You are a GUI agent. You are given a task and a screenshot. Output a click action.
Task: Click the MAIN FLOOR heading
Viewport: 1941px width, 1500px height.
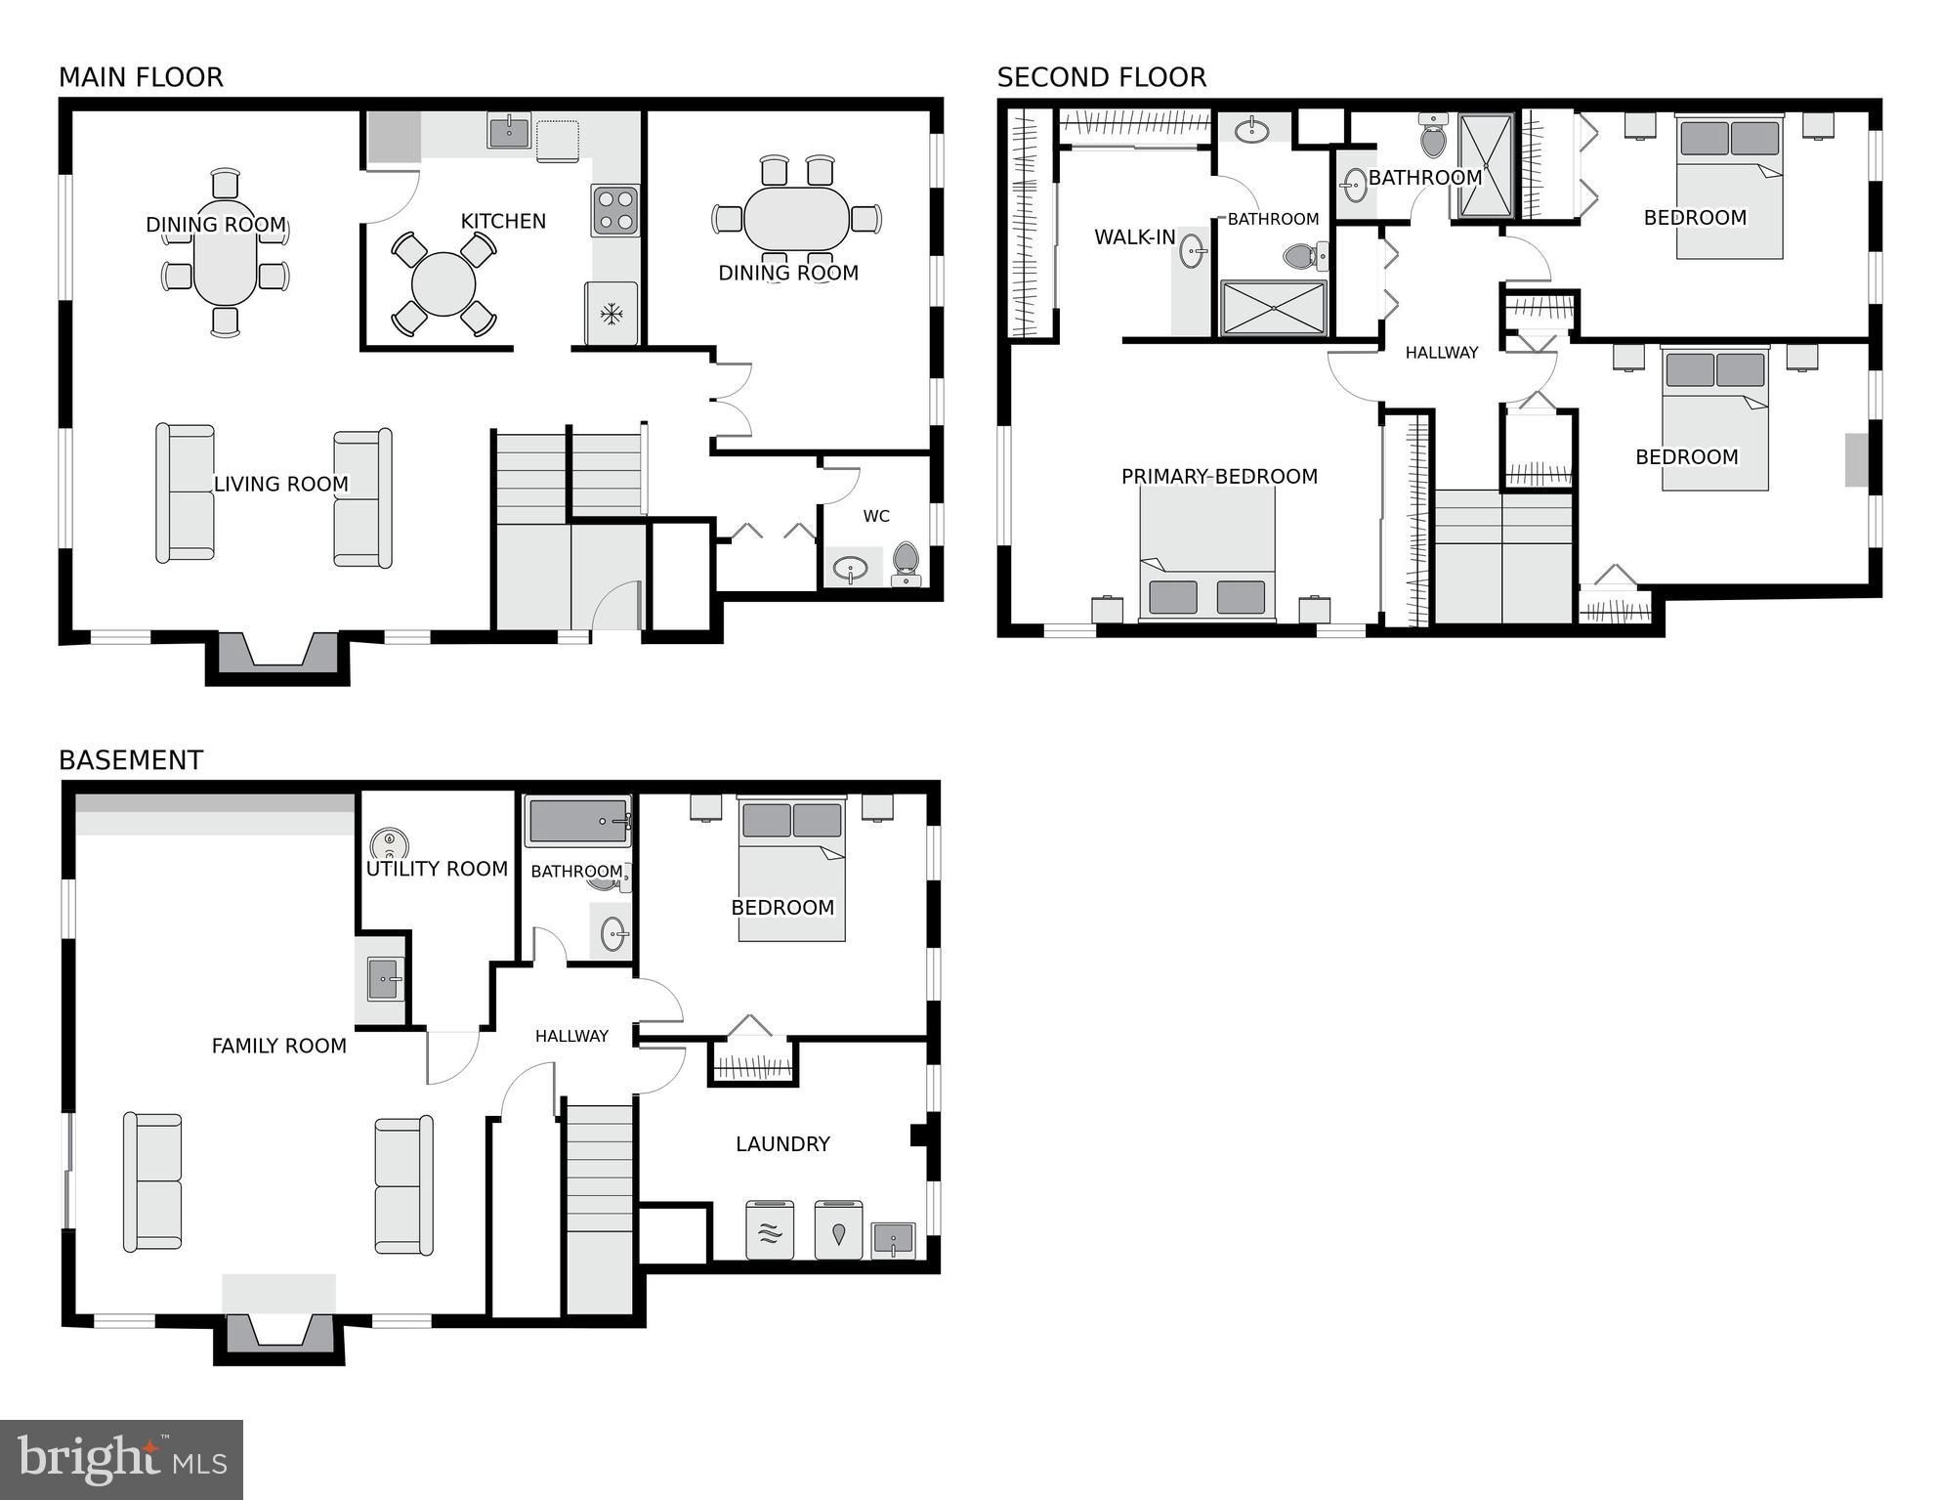(x=141, y=77)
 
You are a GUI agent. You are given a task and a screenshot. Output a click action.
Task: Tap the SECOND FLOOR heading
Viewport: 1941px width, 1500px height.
(x=1101, y=77)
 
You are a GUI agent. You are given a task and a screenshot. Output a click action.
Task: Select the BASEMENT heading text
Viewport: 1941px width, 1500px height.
(x=131, y=760)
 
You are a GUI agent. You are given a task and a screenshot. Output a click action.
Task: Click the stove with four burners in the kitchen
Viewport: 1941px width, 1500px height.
(x=614, y=210)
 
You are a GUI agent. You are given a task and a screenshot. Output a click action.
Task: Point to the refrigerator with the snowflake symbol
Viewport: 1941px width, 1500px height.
(x=612, y=314)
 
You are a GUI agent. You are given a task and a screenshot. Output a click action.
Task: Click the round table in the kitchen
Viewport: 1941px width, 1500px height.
(x=443, y=284)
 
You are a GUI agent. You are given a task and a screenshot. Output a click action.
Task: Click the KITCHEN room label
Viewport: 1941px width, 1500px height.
(x=503, y=222)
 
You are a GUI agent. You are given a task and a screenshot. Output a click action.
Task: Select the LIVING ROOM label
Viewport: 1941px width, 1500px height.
(x=280, y=484)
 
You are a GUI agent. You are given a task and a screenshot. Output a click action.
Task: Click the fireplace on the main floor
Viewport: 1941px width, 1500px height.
(x=278, y=652)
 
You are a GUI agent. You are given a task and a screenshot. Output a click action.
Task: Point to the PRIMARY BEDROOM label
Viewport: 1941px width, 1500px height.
(x=1219, y=477)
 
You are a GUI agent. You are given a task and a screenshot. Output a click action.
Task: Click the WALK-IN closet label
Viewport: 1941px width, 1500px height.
(x=1134, y=237)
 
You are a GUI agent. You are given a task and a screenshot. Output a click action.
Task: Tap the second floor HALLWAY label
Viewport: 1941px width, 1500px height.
(x=1441, y=353)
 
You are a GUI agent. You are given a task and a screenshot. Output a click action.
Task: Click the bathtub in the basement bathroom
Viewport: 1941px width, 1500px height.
(x=577, y=821)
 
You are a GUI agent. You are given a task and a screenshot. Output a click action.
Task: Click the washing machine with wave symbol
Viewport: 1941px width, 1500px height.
(x=770, y=1230)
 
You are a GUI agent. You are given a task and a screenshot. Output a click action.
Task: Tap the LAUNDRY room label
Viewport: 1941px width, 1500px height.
(x=782, y=1144)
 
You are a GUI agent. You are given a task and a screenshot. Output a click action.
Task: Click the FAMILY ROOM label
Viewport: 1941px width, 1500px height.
(x=278, y=1047)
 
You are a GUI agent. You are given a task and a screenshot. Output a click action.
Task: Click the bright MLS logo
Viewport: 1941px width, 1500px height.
(x=121, y=1460)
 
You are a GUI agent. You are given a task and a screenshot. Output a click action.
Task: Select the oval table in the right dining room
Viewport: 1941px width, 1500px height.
(x=796, y=219)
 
